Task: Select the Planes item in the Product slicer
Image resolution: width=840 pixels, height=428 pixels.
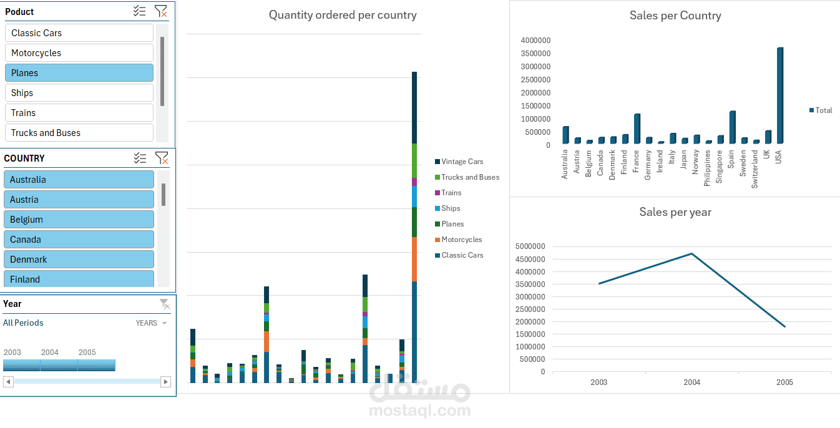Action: click(x=79, y=73)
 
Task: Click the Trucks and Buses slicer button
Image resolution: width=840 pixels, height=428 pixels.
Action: click(x=79, y=133)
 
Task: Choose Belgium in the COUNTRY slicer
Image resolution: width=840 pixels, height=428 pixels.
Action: click(x=79, y=220)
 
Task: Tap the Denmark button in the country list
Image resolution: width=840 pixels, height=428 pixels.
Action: click(x=79, y=260)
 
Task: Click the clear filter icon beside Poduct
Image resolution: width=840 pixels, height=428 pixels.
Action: click(x=161, y=11)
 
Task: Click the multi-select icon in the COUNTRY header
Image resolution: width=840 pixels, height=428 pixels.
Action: click(x=140, y=158)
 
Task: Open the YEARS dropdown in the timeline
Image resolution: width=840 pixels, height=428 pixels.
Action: click(x=152, y=323)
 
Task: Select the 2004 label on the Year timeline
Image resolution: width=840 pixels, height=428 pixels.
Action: click(x=50, y=353)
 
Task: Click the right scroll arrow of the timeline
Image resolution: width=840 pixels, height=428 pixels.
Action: click(x=165, y=381)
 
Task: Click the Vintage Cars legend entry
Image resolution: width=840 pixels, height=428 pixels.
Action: click(x=462, y=162)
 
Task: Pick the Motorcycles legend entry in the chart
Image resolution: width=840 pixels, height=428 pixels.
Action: click(x=461, y=240)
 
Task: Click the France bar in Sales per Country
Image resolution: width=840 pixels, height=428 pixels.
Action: click(x=637, y=129)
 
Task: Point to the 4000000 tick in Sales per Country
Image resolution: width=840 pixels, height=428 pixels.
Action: click(x=535, y=41)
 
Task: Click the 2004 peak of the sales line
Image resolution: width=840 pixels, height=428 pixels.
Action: click(x=691, y=253)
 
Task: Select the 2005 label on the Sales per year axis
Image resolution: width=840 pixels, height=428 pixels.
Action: click(x=784, y=382)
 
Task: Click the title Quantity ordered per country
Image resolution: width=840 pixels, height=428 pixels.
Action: click(x=343, y=15)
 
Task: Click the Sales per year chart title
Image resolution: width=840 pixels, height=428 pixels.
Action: click(x=675, y=212)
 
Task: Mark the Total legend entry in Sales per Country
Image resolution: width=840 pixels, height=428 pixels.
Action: click(x=821, y=110)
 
